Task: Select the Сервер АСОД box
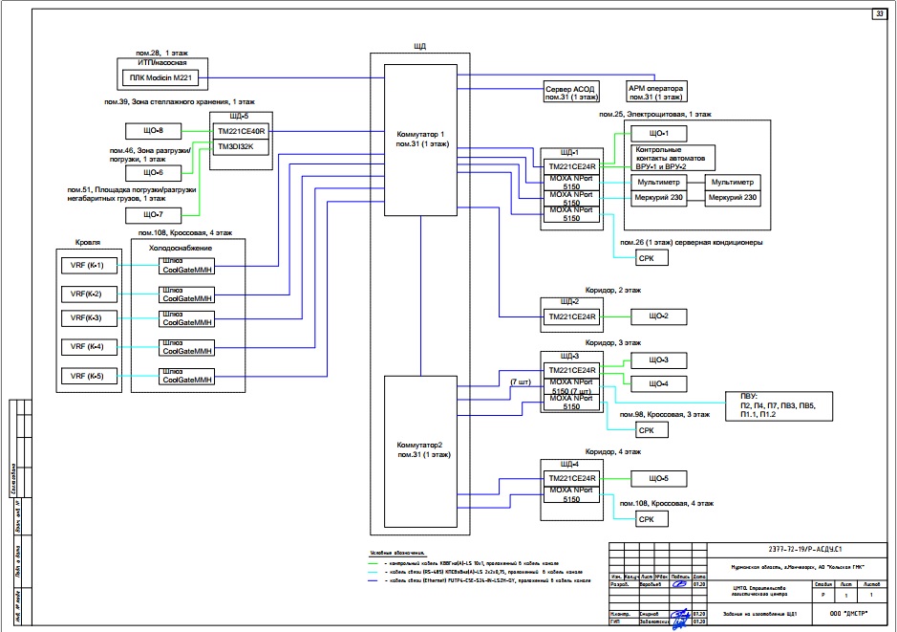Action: [569, 92]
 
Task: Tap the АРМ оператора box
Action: [654, 92]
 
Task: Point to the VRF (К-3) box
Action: [87, 318]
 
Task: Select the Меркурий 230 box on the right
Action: [732, 198]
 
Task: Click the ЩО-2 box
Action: [659, 316]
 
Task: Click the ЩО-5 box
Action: [659, 478]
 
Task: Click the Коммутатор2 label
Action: [420, 449]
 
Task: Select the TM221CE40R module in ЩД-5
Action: [243, 130]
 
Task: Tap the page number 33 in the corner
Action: [878, 13]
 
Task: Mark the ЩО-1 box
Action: [659, 133]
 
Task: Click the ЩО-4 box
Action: [659, 383]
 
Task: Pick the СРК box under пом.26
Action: [646, 259]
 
